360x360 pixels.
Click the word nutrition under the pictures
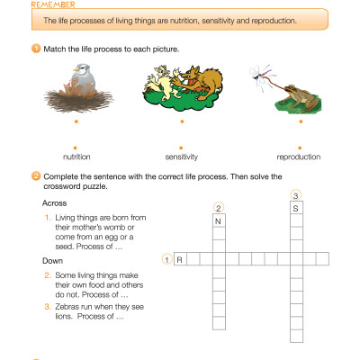(76, 157)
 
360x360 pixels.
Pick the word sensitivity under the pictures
(180, 157)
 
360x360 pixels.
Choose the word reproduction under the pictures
(292, 157)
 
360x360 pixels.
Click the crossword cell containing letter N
(218, 220)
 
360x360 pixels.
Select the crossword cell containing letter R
(180, 259)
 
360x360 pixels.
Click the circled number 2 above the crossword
(218, 207)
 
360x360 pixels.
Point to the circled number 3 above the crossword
(294, 194)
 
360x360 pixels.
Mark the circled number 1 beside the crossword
(166, 259)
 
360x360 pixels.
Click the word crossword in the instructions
(64, 186)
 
